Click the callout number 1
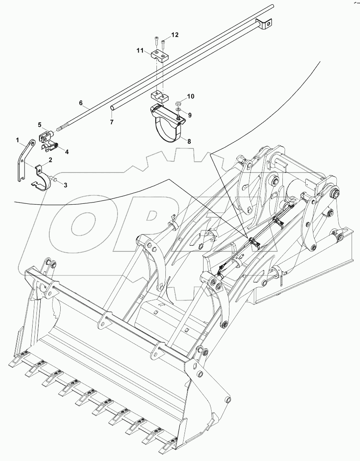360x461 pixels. tap(18, 139)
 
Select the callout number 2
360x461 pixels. tap(50, 160)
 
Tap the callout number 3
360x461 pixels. tap(65, 185)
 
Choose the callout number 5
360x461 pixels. tap(39, 125)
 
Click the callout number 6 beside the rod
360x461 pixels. tap(80, 103)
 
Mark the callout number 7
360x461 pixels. tap(112, 122)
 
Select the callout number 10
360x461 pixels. tap(190, 97)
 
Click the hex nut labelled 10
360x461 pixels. tap(179, 103)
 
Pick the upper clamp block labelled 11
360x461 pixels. tap(158, 55)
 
